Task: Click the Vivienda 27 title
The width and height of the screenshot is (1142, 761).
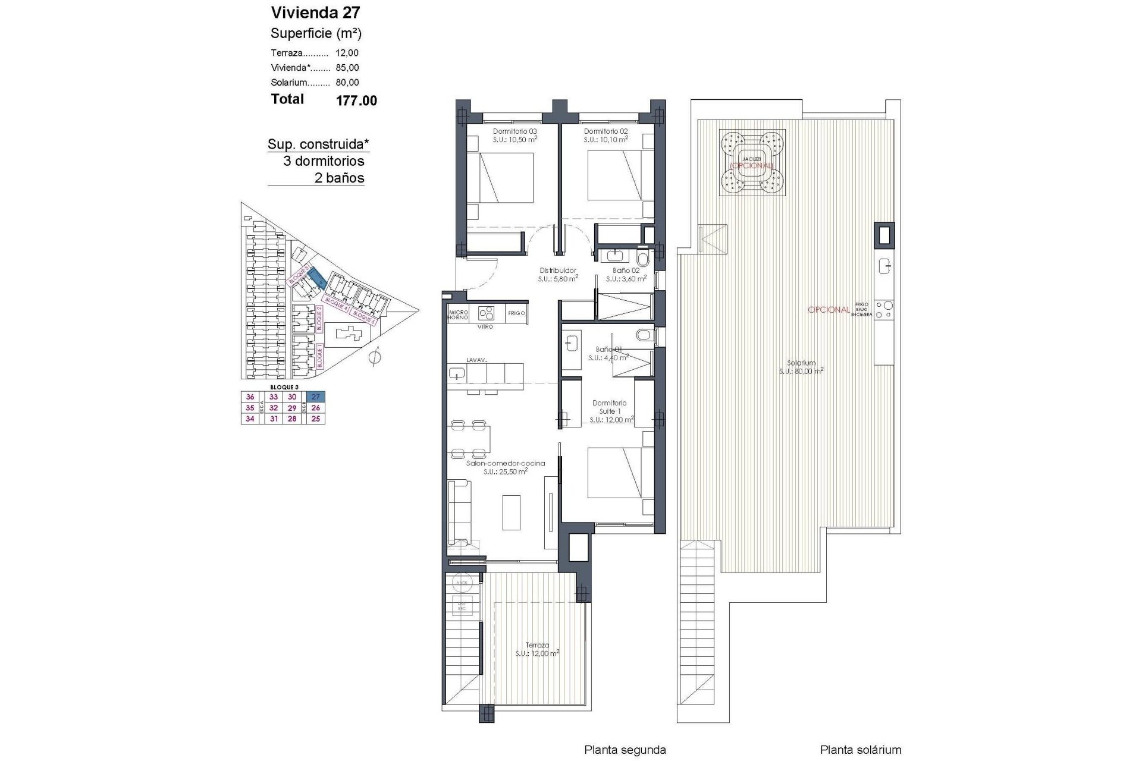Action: point(315,12)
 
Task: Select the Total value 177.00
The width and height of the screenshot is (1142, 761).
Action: point(356,101)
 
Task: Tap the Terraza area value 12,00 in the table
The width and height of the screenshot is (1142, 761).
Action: point(347,53)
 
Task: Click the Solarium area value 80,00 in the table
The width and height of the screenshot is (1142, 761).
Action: point(347,83)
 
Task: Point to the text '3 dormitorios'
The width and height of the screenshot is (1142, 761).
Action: point(324,161)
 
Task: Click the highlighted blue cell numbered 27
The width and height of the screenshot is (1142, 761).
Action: point(316,397)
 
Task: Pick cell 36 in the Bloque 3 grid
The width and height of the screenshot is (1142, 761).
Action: point(250,397)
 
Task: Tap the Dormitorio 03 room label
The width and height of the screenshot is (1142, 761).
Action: point(515,131)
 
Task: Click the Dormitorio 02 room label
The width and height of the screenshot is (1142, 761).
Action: point(605,131)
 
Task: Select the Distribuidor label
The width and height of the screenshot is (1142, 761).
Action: point(558,271)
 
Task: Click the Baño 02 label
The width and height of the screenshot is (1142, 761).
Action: point(626,271)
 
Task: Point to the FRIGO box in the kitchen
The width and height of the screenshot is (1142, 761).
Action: point(517,313)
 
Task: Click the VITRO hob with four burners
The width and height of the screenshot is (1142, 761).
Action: point(487,313)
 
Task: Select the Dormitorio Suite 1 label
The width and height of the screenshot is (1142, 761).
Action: point(609,407)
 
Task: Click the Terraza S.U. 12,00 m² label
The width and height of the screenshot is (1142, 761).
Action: point(537,649)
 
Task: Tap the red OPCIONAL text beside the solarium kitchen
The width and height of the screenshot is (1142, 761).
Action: point(829,310)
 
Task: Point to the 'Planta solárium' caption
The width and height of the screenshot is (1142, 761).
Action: point(860,750)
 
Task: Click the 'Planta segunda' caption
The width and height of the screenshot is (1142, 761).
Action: point(625,750)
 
